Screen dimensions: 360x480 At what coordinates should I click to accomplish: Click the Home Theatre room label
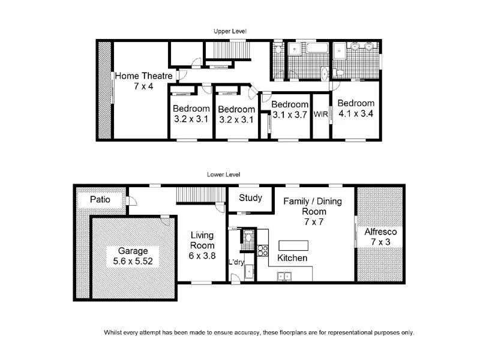click(144, 76)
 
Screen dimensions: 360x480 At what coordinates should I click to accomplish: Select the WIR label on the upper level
click(321, 116)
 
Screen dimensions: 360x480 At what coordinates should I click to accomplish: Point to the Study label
click(250, 197)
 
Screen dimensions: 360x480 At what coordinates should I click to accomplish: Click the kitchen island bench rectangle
click(293, 245)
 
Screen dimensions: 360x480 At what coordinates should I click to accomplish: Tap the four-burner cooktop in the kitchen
click(262, 250)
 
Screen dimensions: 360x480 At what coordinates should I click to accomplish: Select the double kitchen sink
click(284, 276)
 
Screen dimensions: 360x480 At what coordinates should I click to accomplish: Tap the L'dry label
click(235, 262)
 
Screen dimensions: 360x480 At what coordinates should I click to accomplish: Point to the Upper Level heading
click(230, 31)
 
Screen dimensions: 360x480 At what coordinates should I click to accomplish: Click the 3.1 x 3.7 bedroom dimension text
click(290, 114)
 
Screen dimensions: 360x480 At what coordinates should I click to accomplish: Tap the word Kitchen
click(292, 258)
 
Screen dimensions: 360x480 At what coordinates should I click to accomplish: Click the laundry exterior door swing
click(236, 277)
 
